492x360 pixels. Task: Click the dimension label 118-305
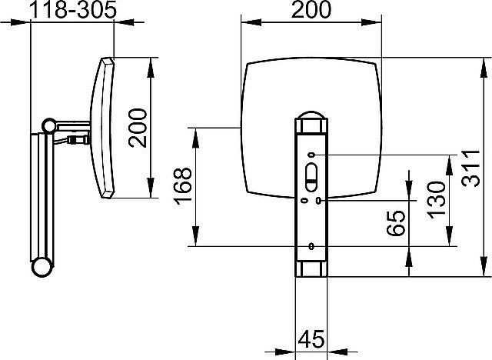point(73,10)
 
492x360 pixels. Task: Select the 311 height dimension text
point(470,169)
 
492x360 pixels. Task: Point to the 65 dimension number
point(396,223)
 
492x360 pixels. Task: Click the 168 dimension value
point(183,186)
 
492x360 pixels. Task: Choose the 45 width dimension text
point(311,339)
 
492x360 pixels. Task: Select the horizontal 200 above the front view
point(311,10)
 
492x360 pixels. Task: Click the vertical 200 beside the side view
point(138,128)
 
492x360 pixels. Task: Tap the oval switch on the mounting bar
point(311,178)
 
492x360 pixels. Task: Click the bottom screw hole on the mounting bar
point(311,246)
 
